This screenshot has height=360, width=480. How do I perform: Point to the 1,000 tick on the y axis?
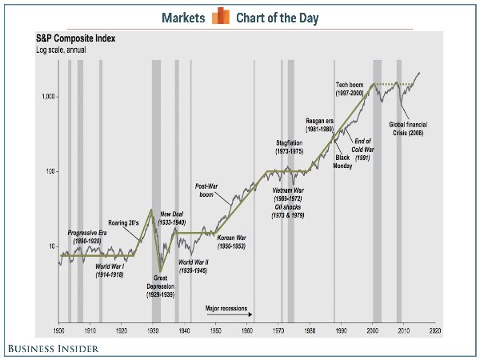[46, 97]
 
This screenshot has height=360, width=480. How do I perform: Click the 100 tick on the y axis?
[49, 172]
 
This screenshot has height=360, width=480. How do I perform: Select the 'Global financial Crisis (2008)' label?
[410, 129]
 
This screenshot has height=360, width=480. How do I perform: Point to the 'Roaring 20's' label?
[124, 223]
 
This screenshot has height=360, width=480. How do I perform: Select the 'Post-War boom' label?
[207, 191]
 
